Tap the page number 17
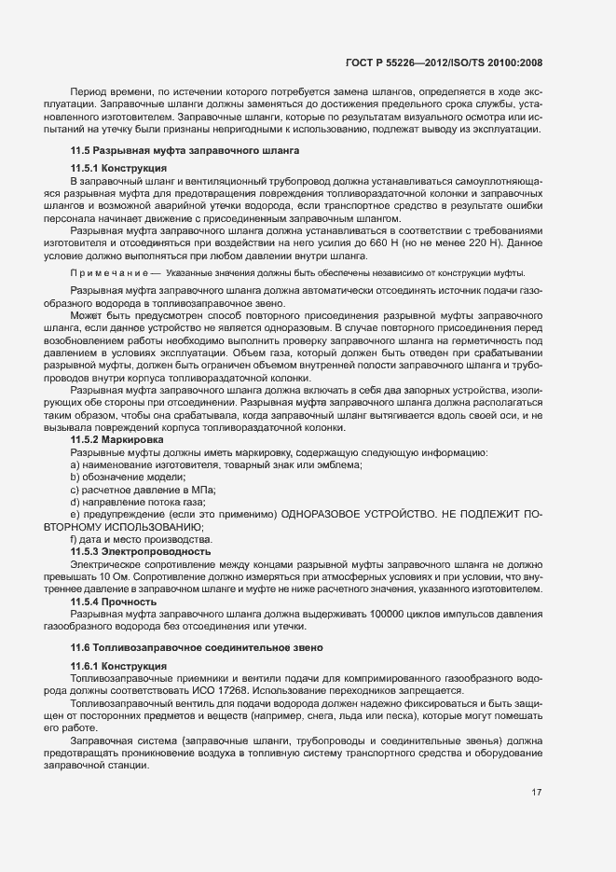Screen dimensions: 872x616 537,793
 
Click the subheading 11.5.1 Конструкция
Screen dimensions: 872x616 112,167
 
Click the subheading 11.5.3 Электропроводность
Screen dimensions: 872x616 127,552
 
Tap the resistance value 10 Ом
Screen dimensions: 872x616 139,577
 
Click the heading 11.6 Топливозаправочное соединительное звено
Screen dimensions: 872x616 197,647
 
